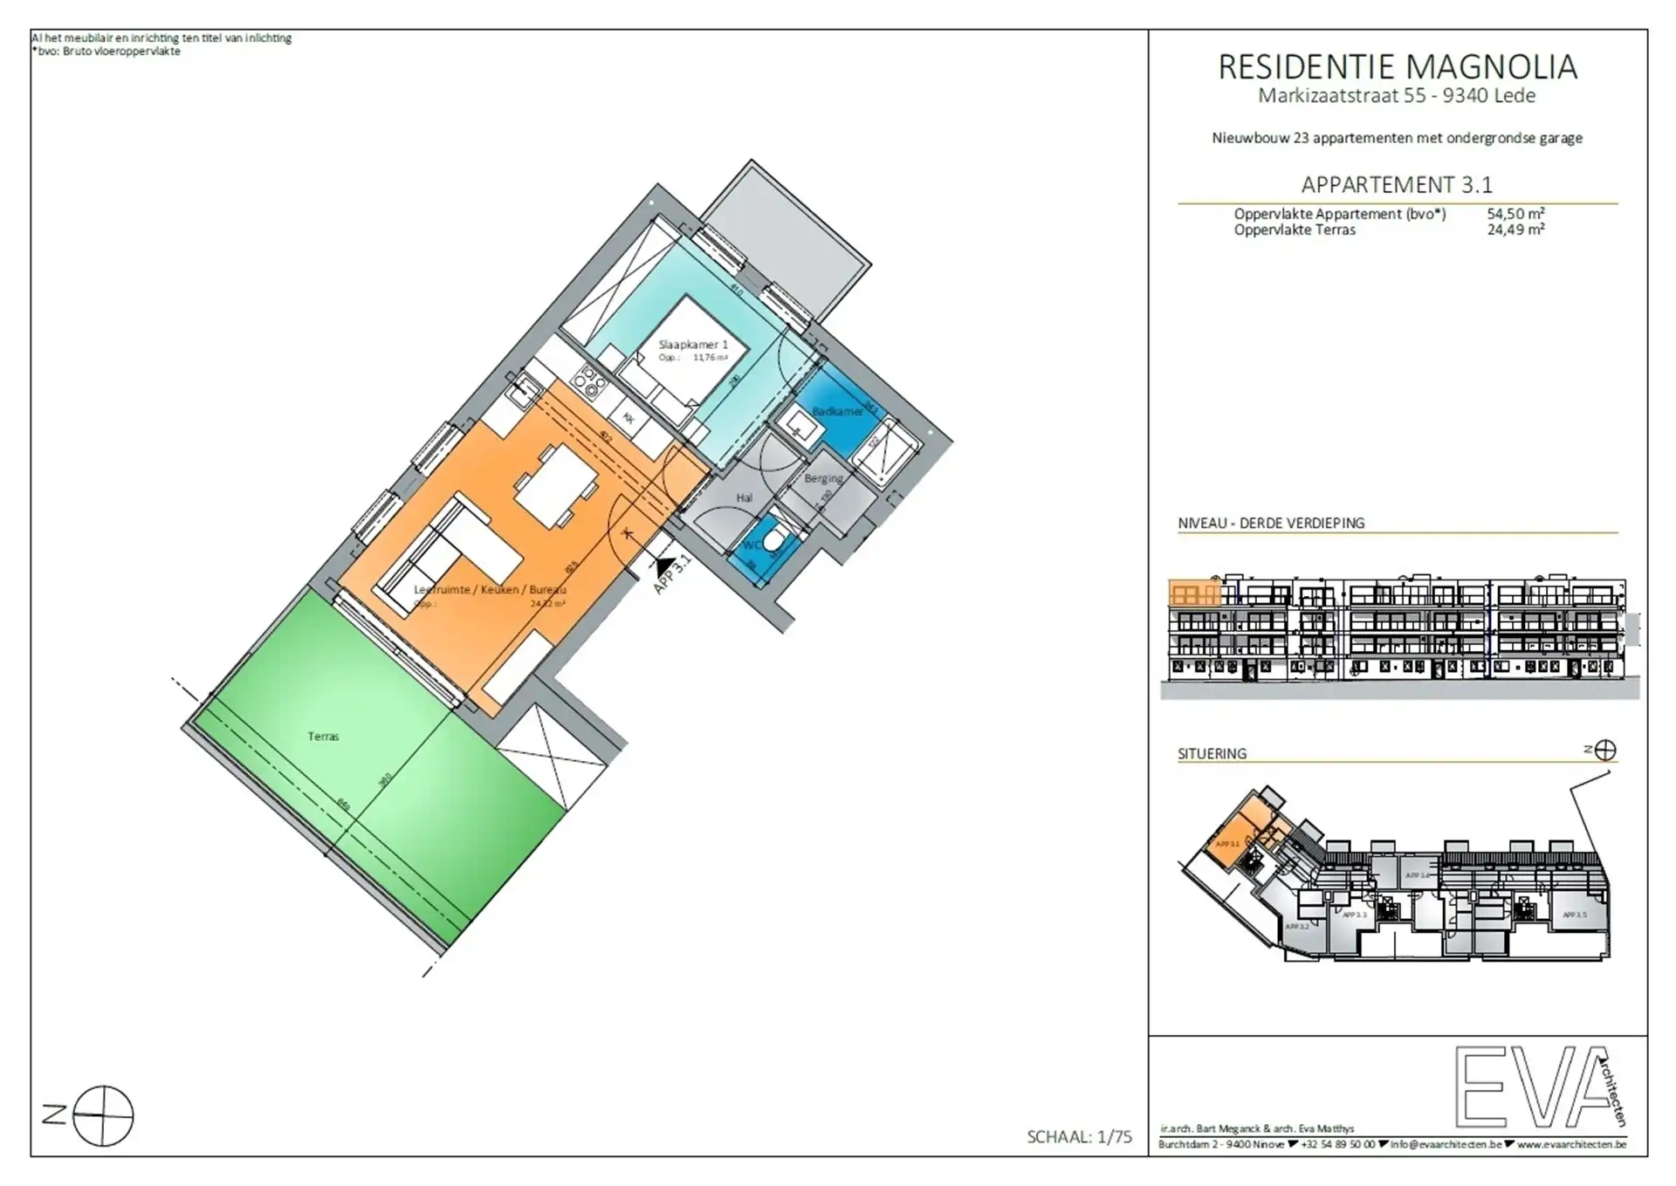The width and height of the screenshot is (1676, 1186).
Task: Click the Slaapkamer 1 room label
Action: tap(693, 345)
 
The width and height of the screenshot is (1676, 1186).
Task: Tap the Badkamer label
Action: tap(837, 411)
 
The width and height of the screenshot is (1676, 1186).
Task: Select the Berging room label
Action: tap(823, 478)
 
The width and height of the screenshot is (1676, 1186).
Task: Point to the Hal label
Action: tap(744, 497)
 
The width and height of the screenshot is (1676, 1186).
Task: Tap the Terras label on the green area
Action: tap(323, 737)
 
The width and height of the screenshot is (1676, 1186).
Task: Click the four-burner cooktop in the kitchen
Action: tap(587, 380)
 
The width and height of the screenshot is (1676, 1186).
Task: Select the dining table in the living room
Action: tap(555, 487)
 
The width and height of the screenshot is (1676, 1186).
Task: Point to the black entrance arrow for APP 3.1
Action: tap(665, 567)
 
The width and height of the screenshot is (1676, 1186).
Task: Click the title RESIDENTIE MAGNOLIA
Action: tap(1397, 67)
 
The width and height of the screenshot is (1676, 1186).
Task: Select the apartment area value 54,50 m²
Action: tap(1515, 214)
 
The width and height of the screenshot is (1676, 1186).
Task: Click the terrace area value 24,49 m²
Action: tap(1515, 230)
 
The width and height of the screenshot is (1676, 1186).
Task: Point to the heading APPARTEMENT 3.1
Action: tap(1397, 185)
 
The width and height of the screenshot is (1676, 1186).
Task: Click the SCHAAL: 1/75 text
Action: tap(1079, 1136)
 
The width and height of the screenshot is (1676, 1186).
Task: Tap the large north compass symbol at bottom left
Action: tap(103, 1115)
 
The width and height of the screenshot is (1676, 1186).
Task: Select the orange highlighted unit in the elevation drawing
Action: tap(1194, 594)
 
